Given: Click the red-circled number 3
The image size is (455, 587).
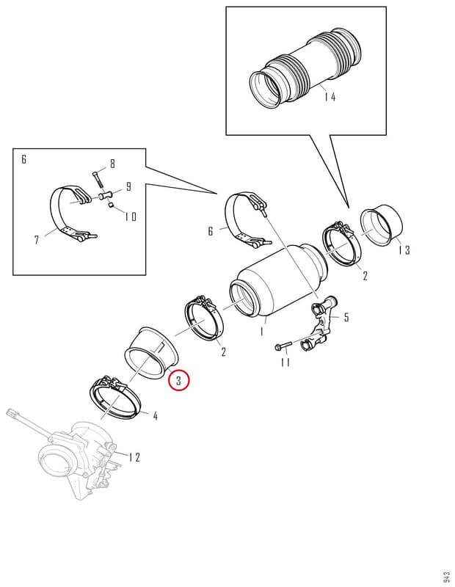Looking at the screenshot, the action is pyautogui.click(x=179, y=380).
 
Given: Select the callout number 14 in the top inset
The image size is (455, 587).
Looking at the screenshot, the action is pyautogui.click(x=330, y=98).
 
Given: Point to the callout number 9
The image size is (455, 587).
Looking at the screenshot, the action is pyautogui.click(x=128, y=186).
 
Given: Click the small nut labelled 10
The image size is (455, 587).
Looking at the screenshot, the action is pyautogui.click(x=112, y=205).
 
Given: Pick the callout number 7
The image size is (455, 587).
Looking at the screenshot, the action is pyautogui.click(x=36, y=240).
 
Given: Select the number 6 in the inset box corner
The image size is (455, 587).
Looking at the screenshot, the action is pyautogui.click(x=24, y=159).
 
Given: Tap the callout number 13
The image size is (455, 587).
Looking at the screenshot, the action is pyautogui.click(x=404, y=250).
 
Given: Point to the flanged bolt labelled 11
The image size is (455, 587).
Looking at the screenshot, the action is pyautogui.click(x=283, y=346).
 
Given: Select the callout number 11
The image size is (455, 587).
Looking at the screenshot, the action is pyautogui.click(x=285, y=362).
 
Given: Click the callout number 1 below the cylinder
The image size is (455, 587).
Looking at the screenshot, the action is pyautogui.click(x=262, y=331).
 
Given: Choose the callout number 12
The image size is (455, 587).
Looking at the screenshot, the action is pyautogui.click(x=134, y=457).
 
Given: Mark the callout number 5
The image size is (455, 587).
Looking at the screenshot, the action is pyautogui.click(x=346, y=318).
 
